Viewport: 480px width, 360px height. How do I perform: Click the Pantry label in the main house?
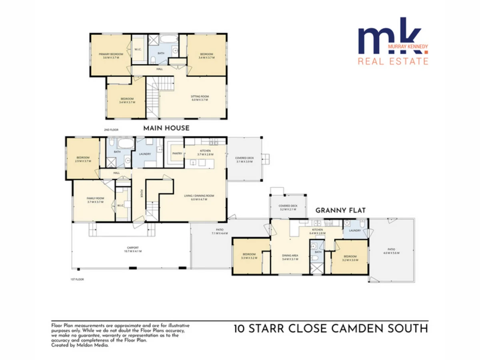[x=177, y=153]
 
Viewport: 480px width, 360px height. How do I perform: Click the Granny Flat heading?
[x=341, y=210]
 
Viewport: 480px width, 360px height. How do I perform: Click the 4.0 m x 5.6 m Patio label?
[x=392, y=251]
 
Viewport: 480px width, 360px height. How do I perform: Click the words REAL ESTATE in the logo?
[x=393, y=61]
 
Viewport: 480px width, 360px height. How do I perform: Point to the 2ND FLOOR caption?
[x=111, y=130]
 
